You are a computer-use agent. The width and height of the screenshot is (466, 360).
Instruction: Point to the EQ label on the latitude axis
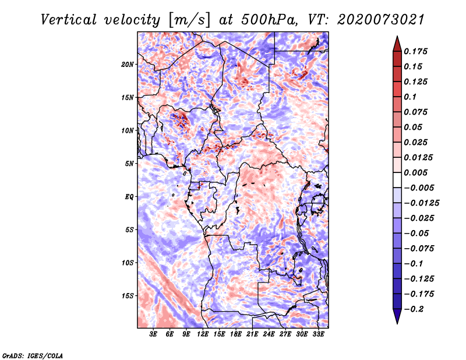(x=129, y=197)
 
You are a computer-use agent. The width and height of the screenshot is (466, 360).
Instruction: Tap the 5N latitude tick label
(x=130, y=164)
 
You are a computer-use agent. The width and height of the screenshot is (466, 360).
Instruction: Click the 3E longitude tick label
(x=154, y=334)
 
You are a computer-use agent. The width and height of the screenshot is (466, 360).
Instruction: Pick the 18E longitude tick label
(x=235, y=334)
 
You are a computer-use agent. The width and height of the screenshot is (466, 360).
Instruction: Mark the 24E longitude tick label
(x=268, y=334)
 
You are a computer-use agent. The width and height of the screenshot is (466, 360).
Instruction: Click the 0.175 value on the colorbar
(x=417, y=51)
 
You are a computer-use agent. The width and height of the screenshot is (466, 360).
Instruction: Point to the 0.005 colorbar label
(x=417, y=172)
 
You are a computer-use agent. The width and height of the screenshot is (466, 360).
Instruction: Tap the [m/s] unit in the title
(x=186, y=20)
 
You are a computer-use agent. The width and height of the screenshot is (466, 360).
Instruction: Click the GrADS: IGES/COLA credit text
(x=32, y=355)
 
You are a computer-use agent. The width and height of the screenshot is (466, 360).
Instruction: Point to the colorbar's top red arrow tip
(x=397, y=37)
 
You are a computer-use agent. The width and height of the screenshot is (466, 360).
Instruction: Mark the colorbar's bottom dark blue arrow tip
(x=397, y=322)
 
